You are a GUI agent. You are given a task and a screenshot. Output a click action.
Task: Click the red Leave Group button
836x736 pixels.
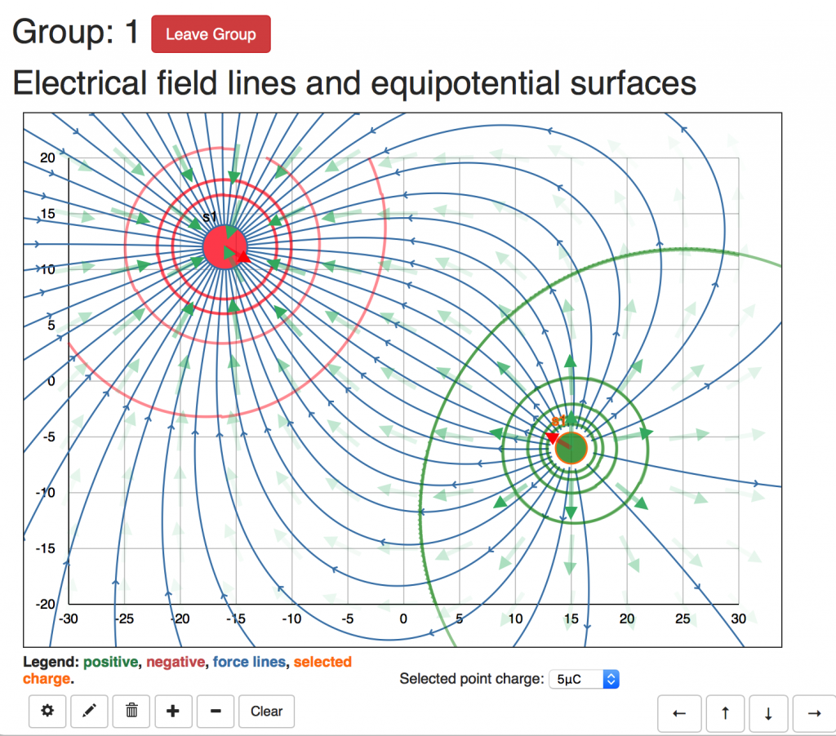(x=211, y=34)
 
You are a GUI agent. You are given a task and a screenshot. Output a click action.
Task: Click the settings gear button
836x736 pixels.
(x=48, y=712)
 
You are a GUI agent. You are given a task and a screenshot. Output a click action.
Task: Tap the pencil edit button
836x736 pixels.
(x=90, y=712)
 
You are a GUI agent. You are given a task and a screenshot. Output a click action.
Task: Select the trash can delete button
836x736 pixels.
(x=131, y=712)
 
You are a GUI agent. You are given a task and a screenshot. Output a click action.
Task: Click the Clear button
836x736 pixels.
(x=266, y=712)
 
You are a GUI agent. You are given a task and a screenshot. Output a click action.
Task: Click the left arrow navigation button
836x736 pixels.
(x=679, y=713)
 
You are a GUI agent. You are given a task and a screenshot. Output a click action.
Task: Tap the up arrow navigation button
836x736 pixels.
(x=725, y=713)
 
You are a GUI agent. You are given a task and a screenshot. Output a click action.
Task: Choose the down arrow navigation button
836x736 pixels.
(x=768, y=713)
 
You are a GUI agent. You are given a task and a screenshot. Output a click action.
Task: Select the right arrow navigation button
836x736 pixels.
(x=813, y=713)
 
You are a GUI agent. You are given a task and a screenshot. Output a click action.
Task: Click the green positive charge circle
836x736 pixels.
(x=571, y=447)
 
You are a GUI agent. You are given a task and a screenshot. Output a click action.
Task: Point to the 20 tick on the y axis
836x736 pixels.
(x=47, y=157)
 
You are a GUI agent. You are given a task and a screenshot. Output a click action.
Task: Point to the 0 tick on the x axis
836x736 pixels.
(x=403, y=619)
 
